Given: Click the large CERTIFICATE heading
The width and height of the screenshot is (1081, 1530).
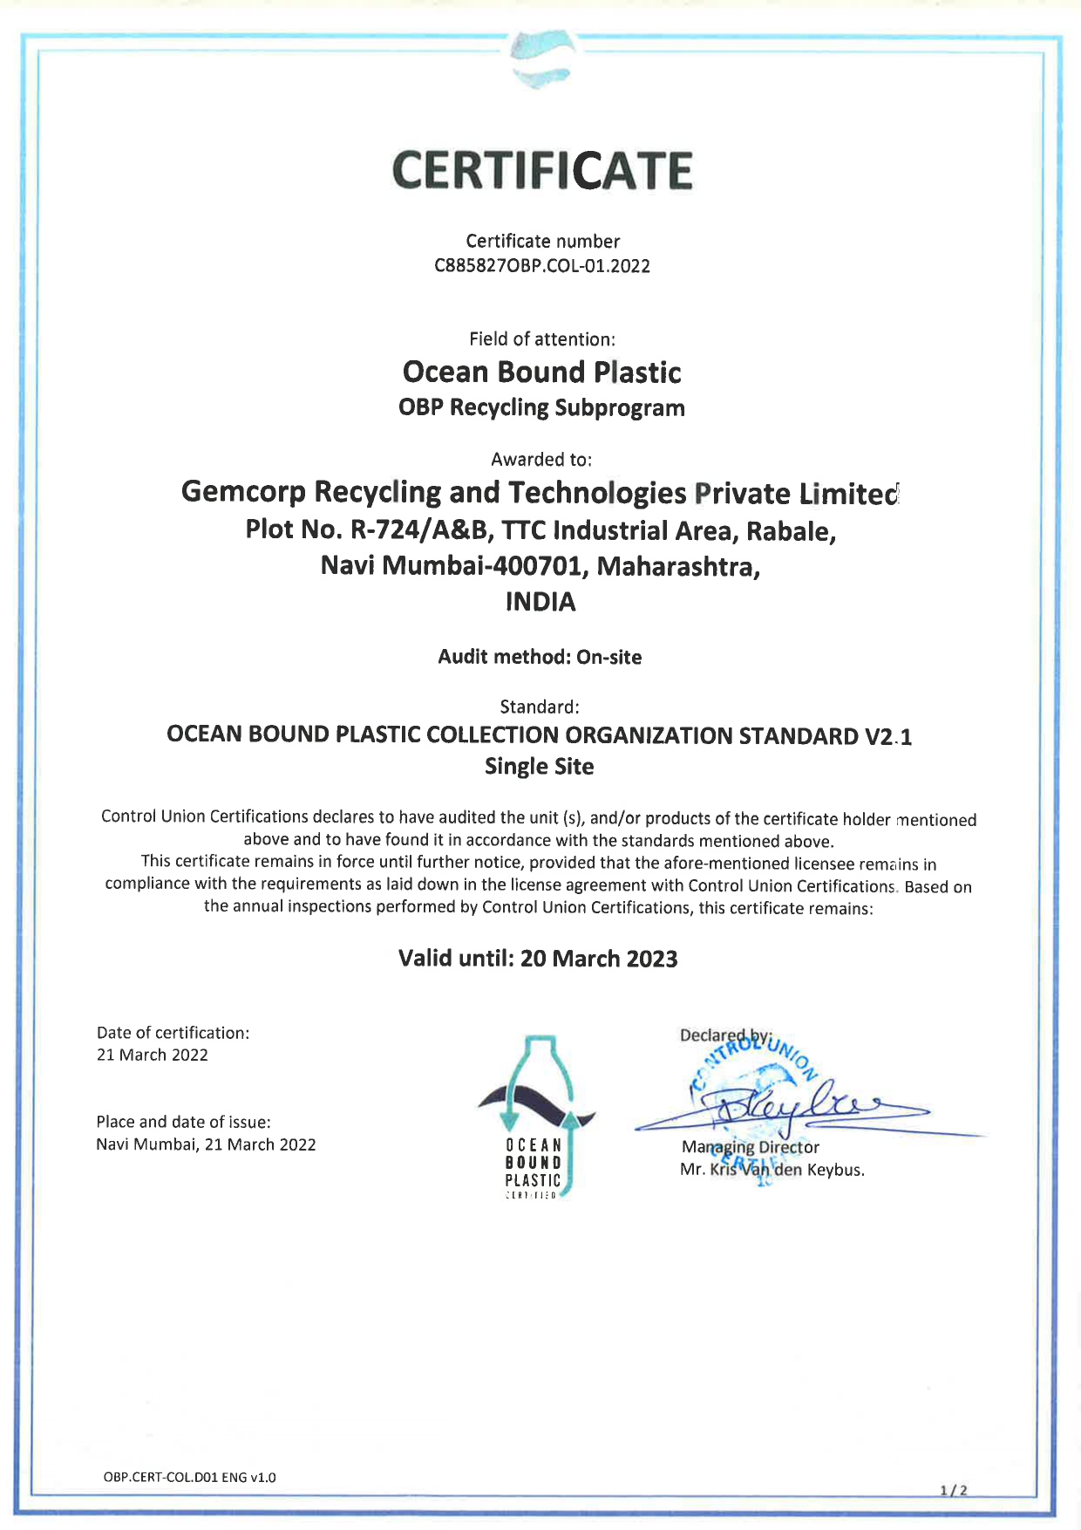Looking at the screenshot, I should (541, 170).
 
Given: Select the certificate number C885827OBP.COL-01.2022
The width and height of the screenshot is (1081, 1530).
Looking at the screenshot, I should (541, 266).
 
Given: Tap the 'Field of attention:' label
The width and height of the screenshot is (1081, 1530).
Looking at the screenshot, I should (541, 338).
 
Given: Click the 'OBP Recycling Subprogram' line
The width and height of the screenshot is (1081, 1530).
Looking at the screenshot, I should (541, 407).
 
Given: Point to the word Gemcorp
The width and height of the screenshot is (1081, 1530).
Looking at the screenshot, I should (243, 492).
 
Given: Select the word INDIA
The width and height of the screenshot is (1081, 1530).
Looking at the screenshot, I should (540, 602).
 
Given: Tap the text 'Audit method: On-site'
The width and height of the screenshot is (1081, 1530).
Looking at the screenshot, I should (540, 657).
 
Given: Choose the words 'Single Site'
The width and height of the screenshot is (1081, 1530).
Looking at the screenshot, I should (540, 767).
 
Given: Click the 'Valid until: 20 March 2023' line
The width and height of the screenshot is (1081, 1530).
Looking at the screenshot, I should (538, 959).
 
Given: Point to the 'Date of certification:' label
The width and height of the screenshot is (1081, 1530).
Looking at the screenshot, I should (173, 1033).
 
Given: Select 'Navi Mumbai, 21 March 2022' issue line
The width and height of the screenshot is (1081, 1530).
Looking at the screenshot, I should (206, 1144).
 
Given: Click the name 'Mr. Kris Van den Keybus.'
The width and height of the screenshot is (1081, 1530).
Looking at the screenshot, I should (772, 1170).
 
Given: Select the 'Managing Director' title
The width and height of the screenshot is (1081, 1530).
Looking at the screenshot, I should (750, 1147).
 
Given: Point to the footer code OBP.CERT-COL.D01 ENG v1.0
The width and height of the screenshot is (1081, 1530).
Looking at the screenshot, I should (189, 1477).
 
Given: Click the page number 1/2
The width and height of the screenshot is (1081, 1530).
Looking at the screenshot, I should (954, 1490).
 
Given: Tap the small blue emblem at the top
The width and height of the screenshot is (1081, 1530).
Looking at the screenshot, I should (541, 59).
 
